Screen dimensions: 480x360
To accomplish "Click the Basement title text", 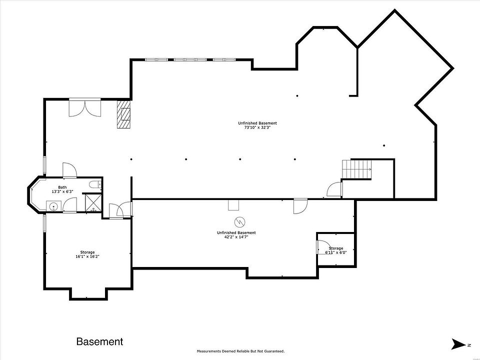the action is (99, 341).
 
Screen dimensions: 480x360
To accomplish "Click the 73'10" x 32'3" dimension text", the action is (257, 127).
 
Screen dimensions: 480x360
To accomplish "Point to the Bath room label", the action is (62, 187).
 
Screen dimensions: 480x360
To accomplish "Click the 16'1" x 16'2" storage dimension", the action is (87, 257).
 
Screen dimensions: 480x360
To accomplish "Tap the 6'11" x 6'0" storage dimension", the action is (336, 252).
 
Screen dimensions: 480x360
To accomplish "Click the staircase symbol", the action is (356, 169).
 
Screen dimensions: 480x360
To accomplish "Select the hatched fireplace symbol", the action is (123, 114).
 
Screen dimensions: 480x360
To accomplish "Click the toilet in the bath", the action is (95, 184).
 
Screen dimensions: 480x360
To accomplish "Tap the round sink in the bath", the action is (54, 206).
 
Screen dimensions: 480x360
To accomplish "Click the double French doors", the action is (85, 107).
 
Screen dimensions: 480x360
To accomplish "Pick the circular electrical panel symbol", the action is (240, 221).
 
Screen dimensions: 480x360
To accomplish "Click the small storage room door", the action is (321, 246).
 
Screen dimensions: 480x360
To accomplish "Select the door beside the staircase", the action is (334, 189).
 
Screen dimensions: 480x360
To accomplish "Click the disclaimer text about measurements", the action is (240, 351).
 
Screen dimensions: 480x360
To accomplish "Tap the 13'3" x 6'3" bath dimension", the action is (62, 191).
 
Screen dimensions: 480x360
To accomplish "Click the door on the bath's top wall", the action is (69, 170).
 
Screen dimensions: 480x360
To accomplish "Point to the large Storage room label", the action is (87, 252).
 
